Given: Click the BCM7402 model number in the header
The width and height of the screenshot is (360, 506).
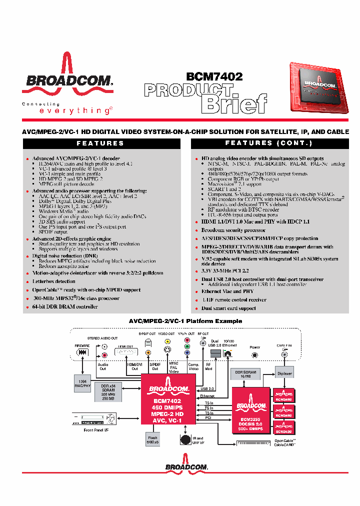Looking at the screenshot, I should coord(214,76).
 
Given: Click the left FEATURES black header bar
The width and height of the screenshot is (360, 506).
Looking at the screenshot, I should coord(101,143).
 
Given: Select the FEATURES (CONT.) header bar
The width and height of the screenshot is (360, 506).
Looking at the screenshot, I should coord(268,143).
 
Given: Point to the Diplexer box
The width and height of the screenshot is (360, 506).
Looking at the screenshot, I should coord(284,374).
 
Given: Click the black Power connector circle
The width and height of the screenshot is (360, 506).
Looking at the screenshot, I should coord(255,355).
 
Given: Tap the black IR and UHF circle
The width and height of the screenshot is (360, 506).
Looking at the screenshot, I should coord(185,439).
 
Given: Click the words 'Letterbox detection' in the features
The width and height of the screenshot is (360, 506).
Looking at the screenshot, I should coord(54,281).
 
